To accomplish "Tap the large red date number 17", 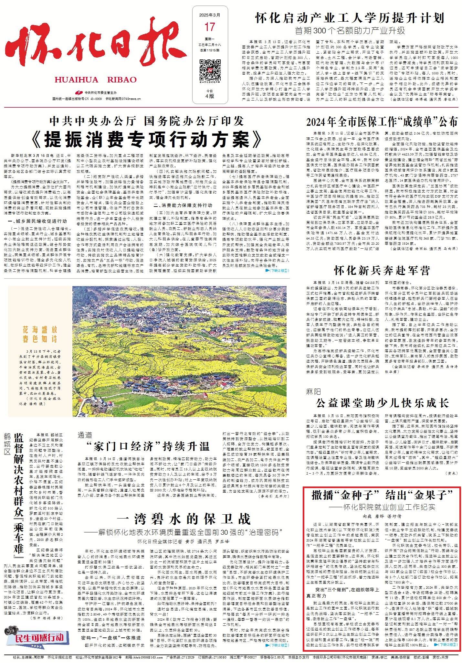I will click(209, 27).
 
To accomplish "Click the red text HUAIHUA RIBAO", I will click(95, 80).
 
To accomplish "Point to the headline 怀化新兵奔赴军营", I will click(382, 270).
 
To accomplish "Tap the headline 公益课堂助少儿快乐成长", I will click(382, 403).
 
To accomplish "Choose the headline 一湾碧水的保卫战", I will click(184, 519).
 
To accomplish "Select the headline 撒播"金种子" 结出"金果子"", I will click(382, 495).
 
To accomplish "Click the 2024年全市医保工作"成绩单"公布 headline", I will click(382, 122).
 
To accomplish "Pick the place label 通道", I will click(85, 435).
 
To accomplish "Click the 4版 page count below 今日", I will click(209, 96).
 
